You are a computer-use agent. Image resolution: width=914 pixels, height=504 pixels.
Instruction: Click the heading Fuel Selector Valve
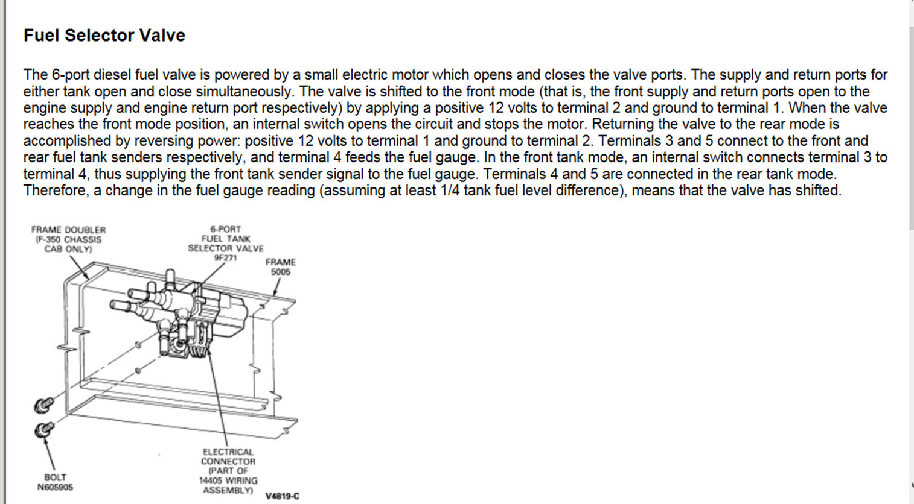[104, 36]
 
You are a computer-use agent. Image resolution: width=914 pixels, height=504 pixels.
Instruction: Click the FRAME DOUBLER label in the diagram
[68, 230]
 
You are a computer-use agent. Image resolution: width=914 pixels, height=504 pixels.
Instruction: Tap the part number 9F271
[225, 258]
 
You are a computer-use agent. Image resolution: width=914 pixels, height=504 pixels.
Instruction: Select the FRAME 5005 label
[280, 267]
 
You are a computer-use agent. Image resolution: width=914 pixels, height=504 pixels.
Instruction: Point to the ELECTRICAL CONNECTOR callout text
[228, 456]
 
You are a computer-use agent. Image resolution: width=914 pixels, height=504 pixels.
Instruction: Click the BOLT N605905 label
[55, 482]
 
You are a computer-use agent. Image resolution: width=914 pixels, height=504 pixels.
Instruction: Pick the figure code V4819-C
[282, 496]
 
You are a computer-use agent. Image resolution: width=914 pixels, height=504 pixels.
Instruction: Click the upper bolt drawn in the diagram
[43, 404]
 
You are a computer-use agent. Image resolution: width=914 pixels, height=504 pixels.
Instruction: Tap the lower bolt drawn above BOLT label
[43, 430]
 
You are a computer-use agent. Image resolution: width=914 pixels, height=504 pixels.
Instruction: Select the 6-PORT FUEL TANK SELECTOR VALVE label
[225, 239]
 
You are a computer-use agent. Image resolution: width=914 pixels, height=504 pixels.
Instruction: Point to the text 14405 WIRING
[228, 480]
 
